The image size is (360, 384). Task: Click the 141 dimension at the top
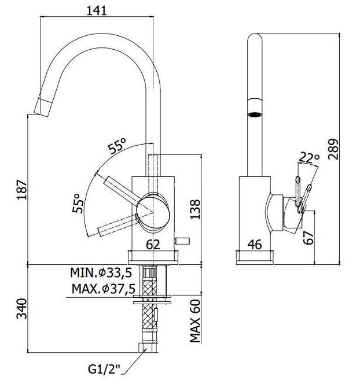(97, 11)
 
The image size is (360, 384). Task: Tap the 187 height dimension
(22, 190)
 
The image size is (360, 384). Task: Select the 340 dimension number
(21, 309)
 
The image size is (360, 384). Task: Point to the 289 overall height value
(333, 149)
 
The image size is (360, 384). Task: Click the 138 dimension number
(195, 209)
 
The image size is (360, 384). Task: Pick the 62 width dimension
(153, 245)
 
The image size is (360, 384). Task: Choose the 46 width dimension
(255, 245)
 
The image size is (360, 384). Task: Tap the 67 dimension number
(308, 238)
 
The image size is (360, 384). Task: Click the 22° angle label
(309, 157)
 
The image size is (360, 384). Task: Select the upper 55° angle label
(117, 146)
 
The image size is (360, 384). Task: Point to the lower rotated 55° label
(78, 203)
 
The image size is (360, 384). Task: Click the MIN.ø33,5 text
(101, 272)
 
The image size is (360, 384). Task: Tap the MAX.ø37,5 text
(104, 289)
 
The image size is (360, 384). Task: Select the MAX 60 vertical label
(195, 321)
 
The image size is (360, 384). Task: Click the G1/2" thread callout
(105, 370)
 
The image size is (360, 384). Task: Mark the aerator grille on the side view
(255, 114)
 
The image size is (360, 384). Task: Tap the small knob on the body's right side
(182, 241)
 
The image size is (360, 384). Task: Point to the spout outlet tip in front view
(41, 107)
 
